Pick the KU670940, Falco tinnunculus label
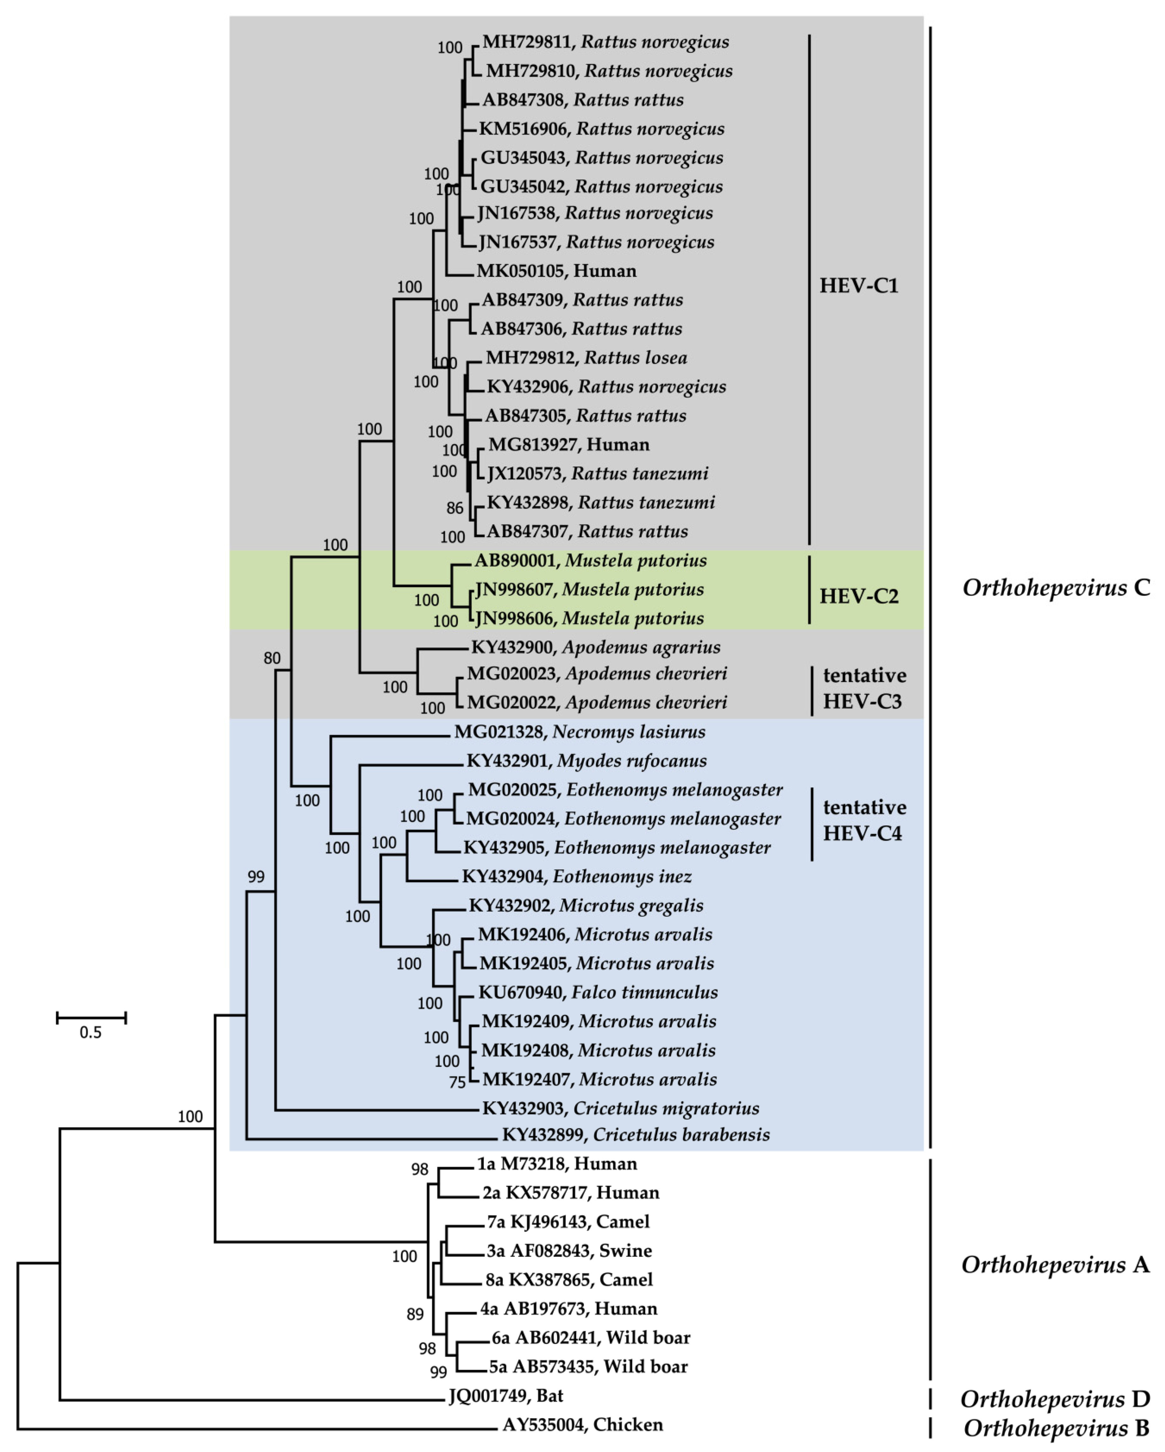click(598, 992)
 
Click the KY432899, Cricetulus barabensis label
click(635, 1135)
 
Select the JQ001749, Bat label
click(506, 1395)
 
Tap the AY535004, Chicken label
click(583, 1425)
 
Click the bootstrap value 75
click(458, 1082)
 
